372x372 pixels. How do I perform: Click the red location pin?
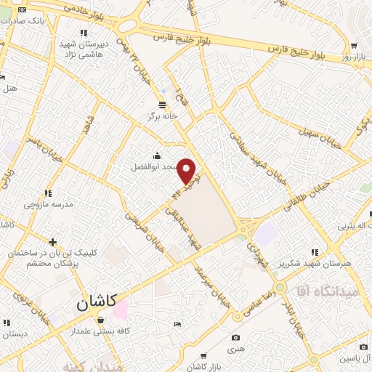(x=187, y=171)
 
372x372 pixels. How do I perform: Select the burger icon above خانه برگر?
(x=161, y=105)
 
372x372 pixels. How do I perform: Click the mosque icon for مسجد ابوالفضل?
(x=157, y=155)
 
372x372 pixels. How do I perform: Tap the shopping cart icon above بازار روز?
(x=353, y=45)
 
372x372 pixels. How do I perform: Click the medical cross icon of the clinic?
(x=52, y=241)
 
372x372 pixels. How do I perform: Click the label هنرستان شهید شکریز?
(x=341, y=261)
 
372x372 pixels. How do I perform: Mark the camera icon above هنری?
(x=235, y=337)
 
